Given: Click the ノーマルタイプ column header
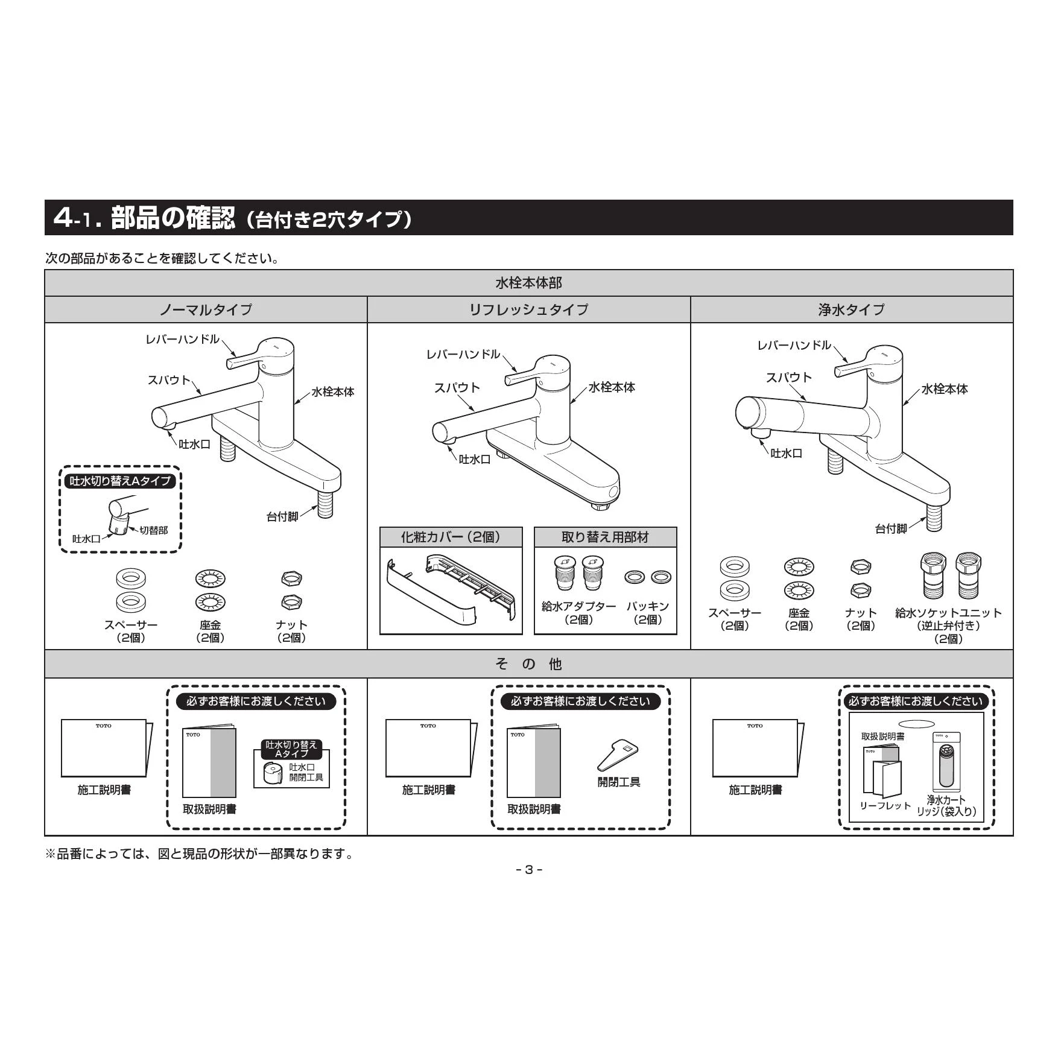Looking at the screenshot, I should pyautogui.click(x=206, y=309).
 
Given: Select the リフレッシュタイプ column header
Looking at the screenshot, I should pyautogui.click(x=528, y=309).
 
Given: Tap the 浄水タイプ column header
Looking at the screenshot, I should pyautogui.click(x=851, y=309).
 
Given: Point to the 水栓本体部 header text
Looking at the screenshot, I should pyautogui.click(x=528, y=283).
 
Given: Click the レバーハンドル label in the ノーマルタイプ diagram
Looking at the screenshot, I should pyautogui.click(x=182, y=340).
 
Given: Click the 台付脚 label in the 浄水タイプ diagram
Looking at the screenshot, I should pyautogui.click(x=891, y=528).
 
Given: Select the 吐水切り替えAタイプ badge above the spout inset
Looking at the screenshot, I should pyautogui.click(x=120, y=481).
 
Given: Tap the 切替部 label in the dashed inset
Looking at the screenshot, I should pyautogui.click(x=154, y=530).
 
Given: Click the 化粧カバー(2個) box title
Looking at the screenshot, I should pyautogui.click(x=451, y=537).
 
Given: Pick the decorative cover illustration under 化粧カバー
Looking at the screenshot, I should pyautogui.click(x=451, y=594).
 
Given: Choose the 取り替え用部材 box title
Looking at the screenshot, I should pyautogui.click(x=605, y=537).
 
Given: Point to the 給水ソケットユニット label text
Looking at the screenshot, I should pyautogui.click(x=948, y=613).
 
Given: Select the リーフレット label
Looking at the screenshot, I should pyautogui.click(x=885, y=806).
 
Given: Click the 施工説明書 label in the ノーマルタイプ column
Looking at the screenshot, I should pyautogui.click(x=104, y=790).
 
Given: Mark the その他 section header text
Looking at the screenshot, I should pyautogui.click(x=528, y=664).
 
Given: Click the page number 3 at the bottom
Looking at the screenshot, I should pyautogui.click(x=529, y=869).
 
